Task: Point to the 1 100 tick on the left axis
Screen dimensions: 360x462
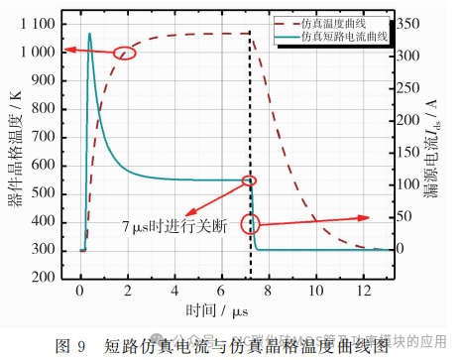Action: (39, 22)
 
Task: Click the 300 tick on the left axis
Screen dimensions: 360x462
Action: (45, 250)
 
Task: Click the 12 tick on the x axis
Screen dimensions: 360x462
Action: (364, 292)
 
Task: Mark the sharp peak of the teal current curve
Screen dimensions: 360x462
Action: (89, 34)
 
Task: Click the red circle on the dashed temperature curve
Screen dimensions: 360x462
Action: (126, 54)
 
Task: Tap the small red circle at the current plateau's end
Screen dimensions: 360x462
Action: (249, 180)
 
